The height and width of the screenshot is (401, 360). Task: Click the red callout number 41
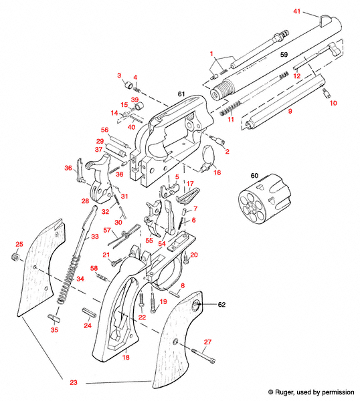click(298, 12)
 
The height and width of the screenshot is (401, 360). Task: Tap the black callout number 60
click(254, 175)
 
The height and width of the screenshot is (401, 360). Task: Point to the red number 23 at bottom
click(73, 384)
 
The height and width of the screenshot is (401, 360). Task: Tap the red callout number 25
click(19, 244)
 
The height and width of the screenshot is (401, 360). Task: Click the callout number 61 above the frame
click(181, 96)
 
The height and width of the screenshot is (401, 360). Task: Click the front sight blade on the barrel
click(327, 20)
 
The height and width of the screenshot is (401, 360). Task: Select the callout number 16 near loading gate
click(217, 172)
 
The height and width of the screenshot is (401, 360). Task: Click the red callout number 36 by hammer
click(68, 168)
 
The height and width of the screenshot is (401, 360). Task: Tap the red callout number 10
click(333, 103)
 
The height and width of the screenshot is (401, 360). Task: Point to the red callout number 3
click(119, 75)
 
